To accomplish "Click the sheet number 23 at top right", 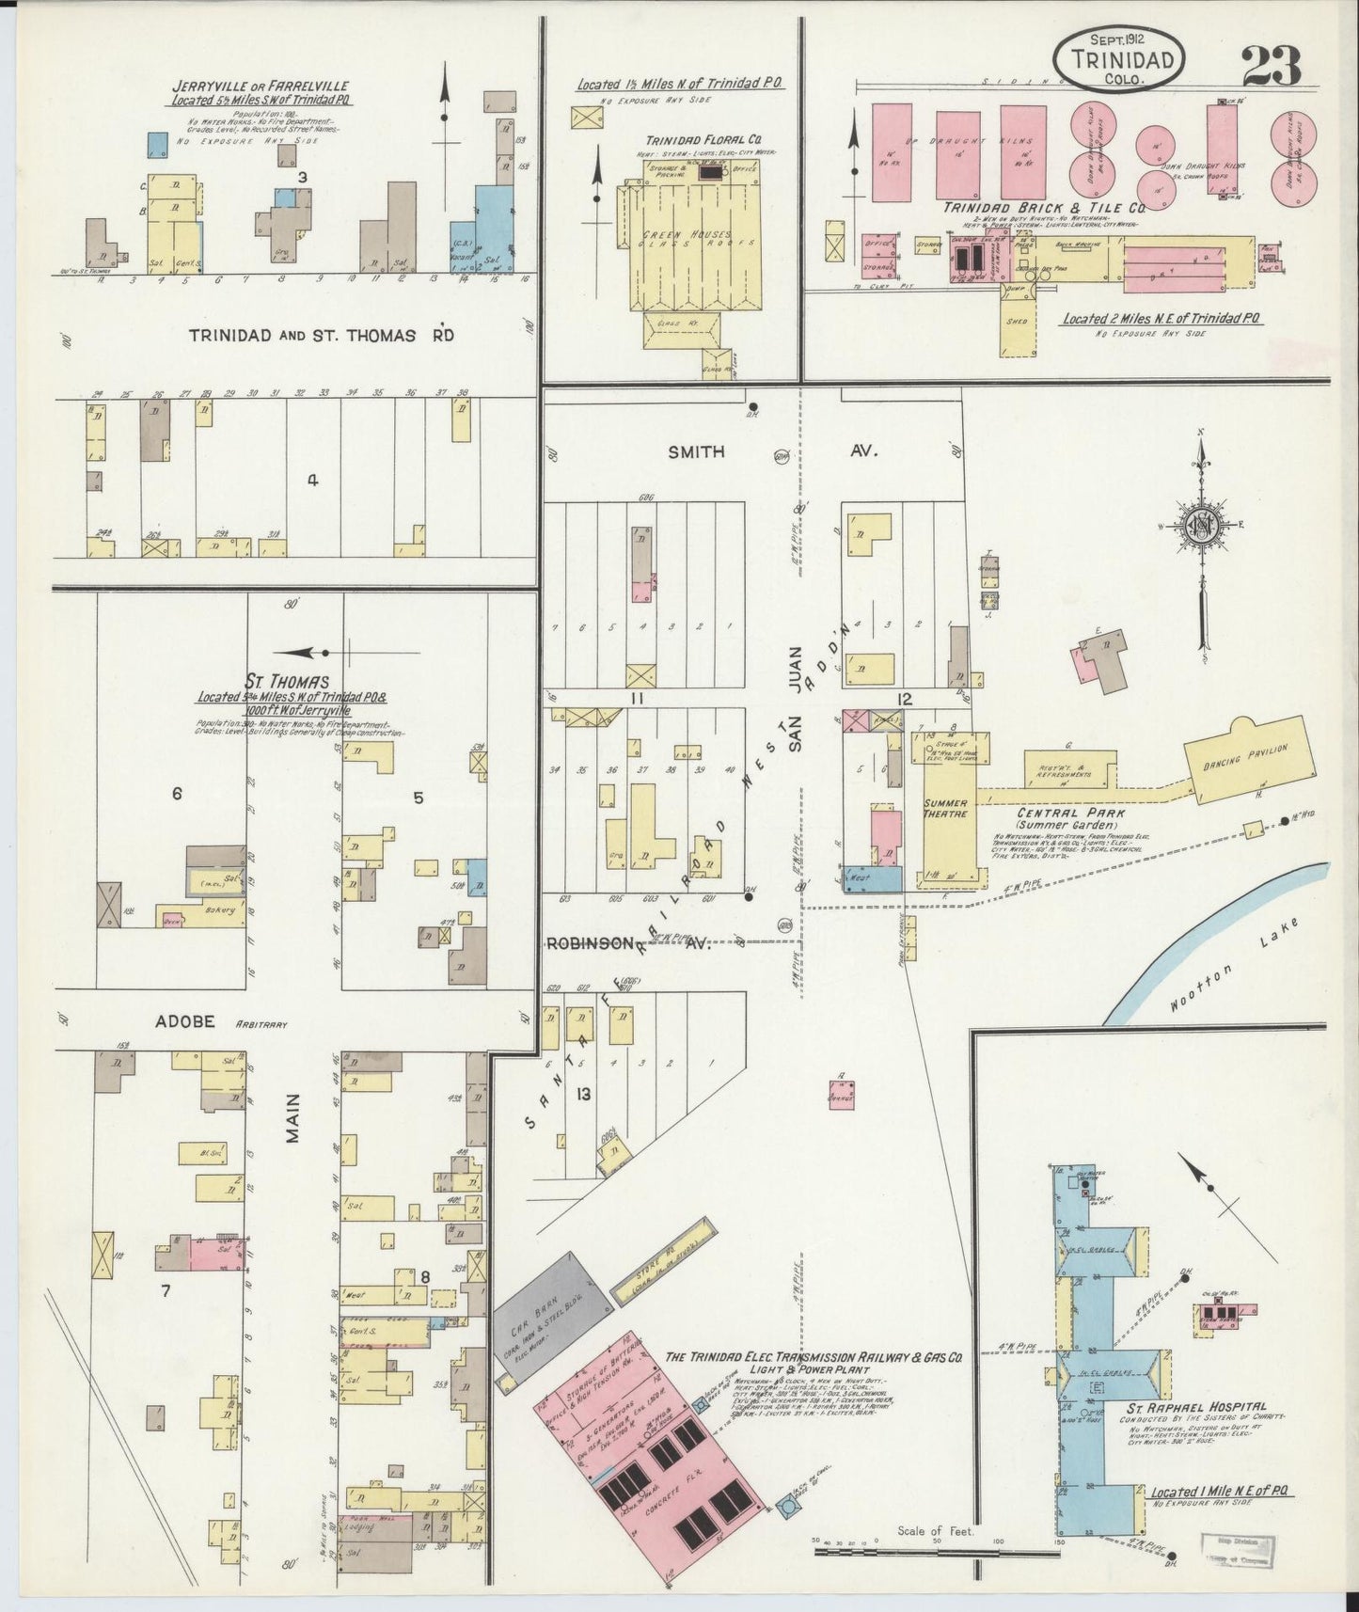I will coord(1271,65).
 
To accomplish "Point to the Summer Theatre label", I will coord(945,809).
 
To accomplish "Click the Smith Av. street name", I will coord(697,452).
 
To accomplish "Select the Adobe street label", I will coord(193,1021).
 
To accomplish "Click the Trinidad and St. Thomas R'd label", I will coord(321,336).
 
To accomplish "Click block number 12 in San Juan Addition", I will coord(905,698).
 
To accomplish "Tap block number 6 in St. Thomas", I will coord(176,794).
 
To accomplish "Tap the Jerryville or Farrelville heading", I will coord(260,86).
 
